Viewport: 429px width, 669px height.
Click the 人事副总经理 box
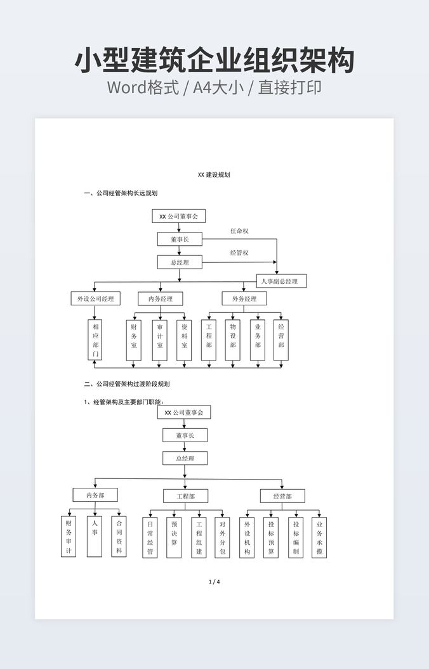coord(281,281)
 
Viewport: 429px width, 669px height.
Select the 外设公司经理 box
coord(95,298)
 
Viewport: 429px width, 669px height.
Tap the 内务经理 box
coord(160,298)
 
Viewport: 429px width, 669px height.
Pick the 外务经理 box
coord(244,298)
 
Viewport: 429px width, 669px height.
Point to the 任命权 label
coord(239,231)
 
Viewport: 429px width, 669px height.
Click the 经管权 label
coord(239,253)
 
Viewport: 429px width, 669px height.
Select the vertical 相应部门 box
coord(95,340)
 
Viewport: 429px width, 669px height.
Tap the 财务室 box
coord(134,340)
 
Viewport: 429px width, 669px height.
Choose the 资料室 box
coord(184,340)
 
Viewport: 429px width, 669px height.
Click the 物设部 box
coord(233,340)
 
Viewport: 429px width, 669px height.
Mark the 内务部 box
coord(95,495)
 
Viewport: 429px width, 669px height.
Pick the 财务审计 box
coord(69,537)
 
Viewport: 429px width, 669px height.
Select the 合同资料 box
coord(119,537)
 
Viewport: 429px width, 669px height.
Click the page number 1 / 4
coord(214,582)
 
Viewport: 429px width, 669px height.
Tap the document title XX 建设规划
coord(214,174)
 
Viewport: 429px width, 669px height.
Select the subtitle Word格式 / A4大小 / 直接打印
coord(214,87)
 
